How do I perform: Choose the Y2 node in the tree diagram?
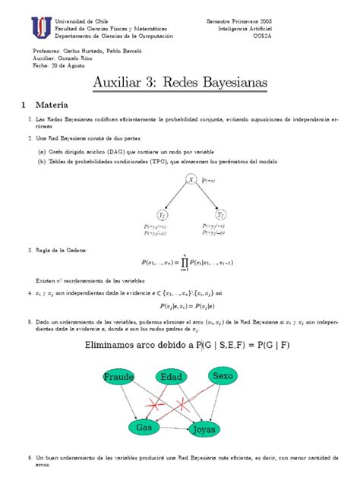pos(221,215)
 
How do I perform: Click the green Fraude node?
pos(120,377)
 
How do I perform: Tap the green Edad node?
pos(173,377)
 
